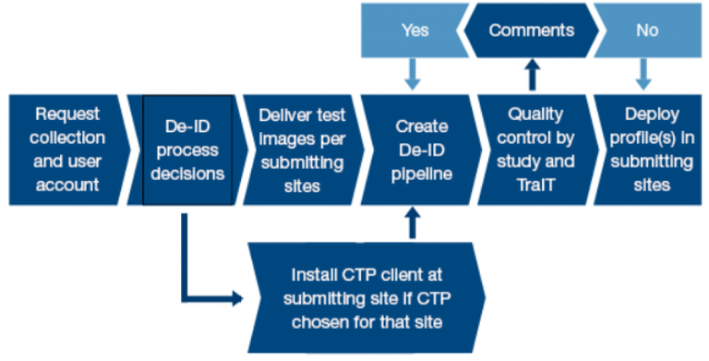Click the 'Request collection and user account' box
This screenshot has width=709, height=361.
[x=67, y=150]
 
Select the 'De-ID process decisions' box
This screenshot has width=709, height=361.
[x=187, y=150]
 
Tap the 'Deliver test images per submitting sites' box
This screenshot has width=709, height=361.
[x=303, y=150]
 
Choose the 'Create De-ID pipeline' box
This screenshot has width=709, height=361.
[x=421, y=150]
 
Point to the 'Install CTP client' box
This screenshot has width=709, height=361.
[x=367, y=297]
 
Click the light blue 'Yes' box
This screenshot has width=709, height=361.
[x=415, y=30]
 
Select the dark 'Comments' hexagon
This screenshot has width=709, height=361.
[x=532, y=30]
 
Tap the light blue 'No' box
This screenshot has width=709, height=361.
[x=647, y=30]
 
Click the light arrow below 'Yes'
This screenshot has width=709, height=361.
[x=413, y=74]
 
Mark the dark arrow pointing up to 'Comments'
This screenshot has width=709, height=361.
[x=533, y=74]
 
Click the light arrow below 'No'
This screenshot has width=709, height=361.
[x=643, y=74]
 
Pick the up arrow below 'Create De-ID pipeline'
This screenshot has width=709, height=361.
[x=413, y=223]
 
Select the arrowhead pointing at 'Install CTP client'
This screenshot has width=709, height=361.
[x=238, y=298]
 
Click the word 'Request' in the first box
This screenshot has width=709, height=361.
[x=67, y=114]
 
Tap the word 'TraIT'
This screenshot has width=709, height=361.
[x=536, y=185]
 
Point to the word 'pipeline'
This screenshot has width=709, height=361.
[x=422, y=174]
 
